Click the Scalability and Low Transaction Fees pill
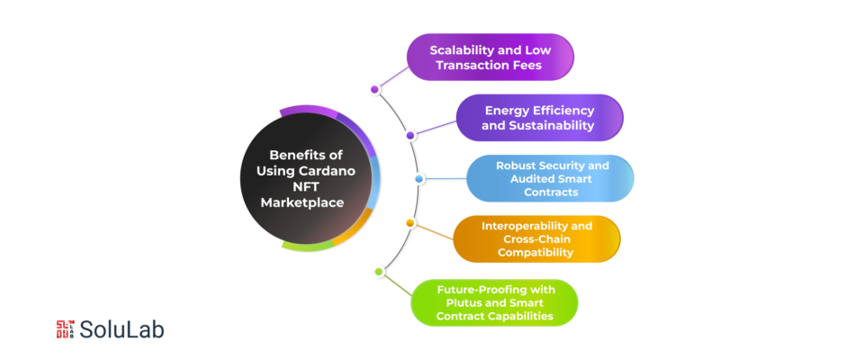click(x=490, y=58)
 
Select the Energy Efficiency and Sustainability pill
click(x=539, y=118)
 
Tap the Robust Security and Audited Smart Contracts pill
click(x=550, y=179)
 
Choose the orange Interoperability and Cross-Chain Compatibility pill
click(x=536, y=239)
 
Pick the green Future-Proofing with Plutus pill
click(x=494, y=302)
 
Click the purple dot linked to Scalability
click(x=375, y=90)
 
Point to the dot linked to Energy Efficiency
click(x=410, y=136)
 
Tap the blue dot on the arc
click(x=418, y=179)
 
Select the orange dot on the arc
click(x=410, y=223)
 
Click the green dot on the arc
click(x=379, y=272)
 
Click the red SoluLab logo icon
click(x=66, y=329)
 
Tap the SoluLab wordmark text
click(x=121, y=329)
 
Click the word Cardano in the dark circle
click(x=330, y=171)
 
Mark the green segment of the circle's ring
click(x=308, y=247)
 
